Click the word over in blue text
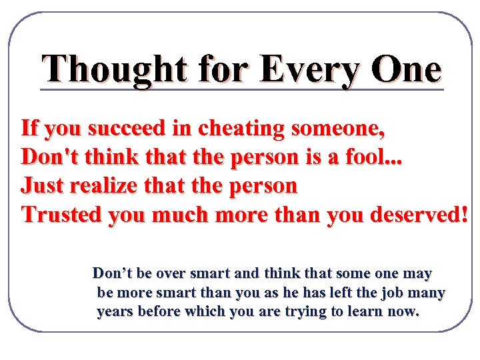tap(164, 273)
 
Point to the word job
tap(387, 292)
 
